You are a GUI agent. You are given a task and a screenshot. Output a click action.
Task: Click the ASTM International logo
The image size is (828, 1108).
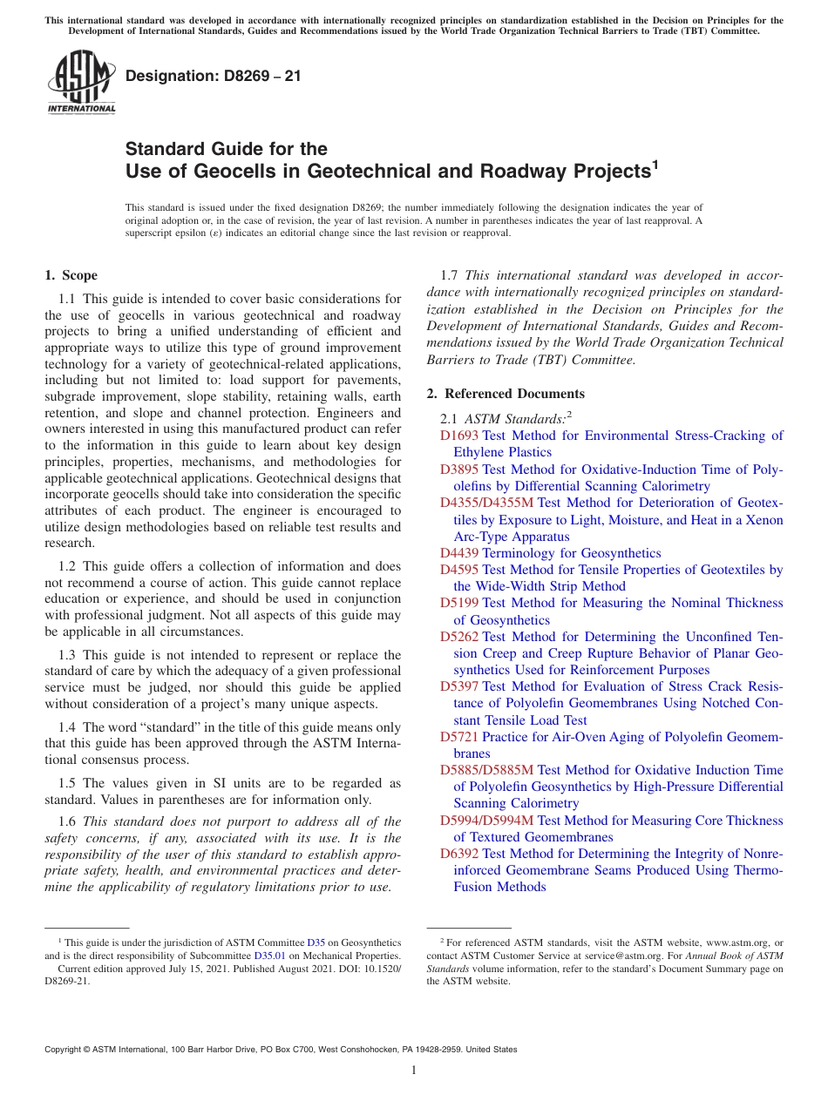[x=81, y=82]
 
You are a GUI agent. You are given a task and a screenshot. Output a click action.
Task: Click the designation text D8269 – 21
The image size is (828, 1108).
[x=214, y=76]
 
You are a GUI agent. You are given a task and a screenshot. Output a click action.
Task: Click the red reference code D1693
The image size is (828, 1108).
[x=459, y=436]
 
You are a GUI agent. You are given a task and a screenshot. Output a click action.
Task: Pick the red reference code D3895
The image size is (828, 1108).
[x=459, y=470]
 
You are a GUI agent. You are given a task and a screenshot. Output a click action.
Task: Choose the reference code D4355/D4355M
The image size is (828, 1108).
[x=487, y=503]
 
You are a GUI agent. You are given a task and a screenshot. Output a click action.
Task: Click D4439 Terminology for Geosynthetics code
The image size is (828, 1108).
[x=459, y=553]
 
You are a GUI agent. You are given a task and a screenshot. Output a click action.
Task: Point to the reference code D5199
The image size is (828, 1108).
[x=459, y=603]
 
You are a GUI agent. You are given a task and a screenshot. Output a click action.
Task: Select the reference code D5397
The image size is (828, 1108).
[x=459, y=686]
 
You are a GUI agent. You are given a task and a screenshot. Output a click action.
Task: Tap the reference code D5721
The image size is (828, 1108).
[x=459, y=737]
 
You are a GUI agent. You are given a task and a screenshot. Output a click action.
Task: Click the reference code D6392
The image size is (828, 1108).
[x=459, y=854]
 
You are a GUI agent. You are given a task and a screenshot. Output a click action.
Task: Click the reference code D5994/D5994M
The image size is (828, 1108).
[x=487, y=821]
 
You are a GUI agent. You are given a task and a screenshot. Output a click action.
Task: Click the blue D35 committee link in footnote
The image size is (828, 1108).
[x=316, y=942]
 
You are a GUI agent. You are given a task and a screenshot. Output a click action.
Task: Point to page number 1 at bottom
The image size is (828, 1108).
[x=414, y=1071]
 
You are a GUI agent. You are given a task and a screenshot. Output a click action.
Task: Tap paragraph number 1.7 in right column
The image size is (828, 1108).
[x=451, y=276]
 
